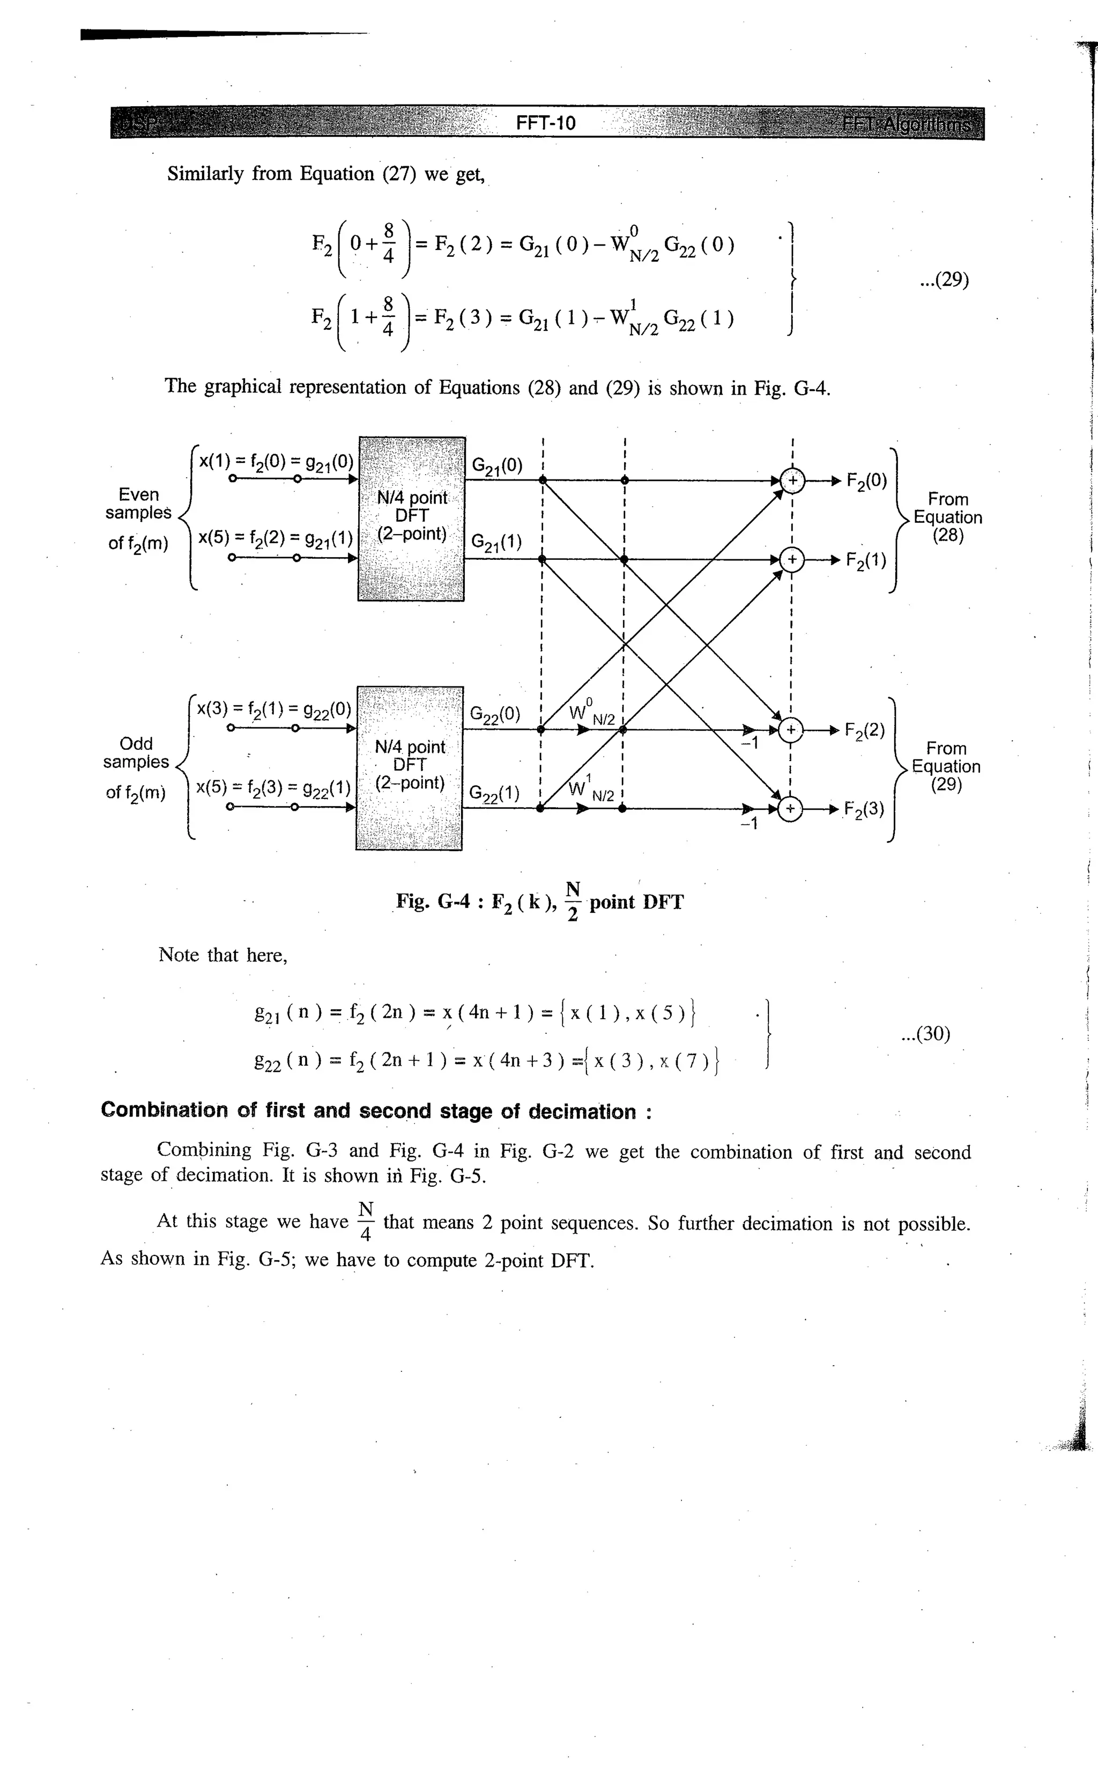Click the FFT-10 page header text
click(545, 123)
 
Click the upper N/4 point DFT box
click(411, 519)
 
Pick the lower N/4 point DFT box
click(409, 767)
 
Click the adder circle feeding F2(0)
click(792, 480)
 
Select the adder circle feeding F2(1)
click(792, 560)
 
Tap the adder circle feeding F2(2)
click(791, 730)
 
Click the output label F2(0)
click(866, 482)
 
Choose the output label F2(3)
click(864, 810)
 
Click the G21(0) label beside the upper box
click(496, 466)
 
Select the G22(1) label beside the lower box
click(494, 794)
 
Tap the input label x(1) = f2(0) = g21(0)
click(276, 462)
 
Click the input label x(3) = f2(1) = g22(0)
click(274, 709)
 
